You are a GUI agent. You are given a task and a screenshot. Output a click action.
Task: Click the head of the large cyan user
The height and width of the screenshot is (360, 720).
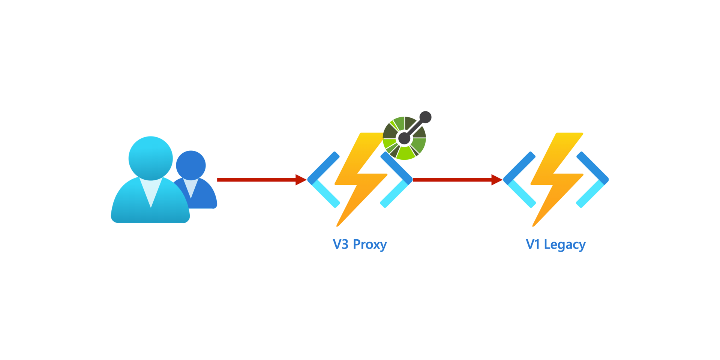[150, 158]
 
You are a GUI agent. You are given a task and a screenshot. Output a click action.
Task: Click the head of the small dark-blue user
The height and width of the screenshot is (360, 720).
[191, 165]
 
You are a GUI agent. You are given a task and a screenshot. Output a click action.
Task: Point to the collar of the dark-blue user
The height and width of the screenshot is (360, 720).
[191, 187]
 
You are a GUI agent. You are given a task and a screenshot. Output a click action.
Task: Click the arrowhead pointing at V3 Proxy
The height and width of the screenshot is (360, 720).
[300, 180]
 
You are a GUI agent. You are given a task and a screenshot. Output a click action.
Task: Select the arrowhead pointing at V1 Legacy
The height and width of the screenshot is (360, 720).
[496, 180]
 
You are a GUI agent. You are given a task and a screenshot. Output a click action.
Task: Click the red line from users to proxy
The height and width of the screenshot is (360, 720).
[255, 180]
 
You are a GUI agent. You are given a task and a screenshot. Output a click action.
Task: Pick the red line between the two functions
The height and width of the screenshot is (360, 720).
[450, 180]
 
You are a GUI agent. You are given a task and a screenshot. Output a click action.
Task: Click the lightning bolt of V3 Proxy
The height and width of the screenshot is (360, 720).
[360, 180]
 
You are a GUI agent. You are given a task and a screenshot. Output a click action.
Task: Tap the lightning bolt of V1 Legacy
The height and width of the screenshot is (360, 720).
[556, 180]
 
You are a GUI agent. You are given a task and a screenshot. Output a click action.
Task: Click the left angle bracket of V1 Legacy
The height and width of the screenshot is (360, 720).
[519, 180]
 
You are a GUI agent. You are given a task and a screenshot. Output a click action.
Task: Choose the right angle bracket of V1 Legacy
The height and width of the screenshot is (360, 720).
[593, 180]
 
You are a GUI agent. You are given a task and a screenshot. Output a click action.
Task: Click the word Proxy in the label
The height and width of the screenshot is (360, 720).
[370, 244]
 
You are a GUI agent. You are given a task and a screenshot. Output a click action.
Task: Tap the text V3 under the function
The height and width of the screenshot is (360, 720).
[340, 244]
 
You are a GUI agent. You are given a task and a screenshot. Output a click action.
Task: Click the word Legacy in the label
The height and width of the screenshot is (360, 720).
[565, 244]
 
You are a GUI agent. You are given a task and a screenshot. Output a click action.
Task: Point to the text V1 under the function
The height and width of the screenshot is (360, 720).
[532, 244]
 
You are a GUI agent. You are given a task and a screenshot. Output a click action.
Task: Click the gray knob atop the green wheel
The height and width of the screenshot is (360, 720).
[425, 117]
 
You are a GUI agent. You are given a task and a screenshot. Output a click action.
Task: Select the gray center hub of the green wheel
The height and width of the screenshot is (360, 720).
[404, 138]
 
